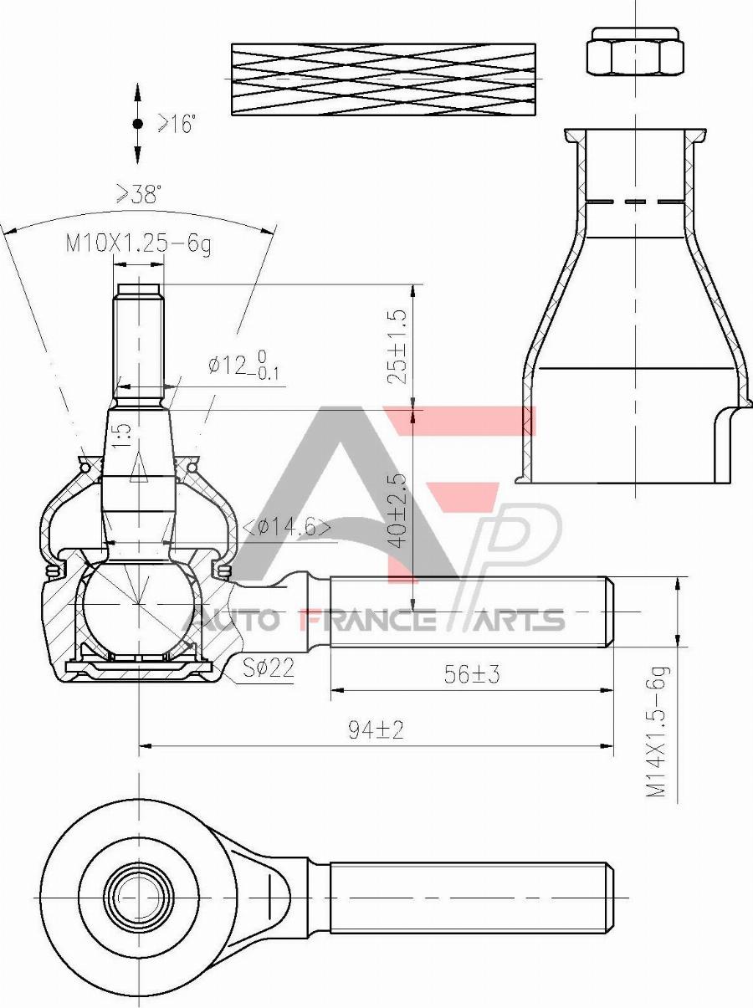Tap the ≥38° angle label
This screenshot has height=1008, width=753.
pyautogui.click(x=138, y=194)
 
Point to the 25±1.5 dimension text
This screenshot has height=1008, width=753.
pyautogui.click(x=397, y=346)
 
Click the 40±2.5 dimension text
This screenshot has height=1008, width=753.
pyautogui.click(x=397, y=510)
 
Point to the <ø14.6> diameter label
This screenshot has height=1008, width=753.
pyautogui.click(x=286, y=528)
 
